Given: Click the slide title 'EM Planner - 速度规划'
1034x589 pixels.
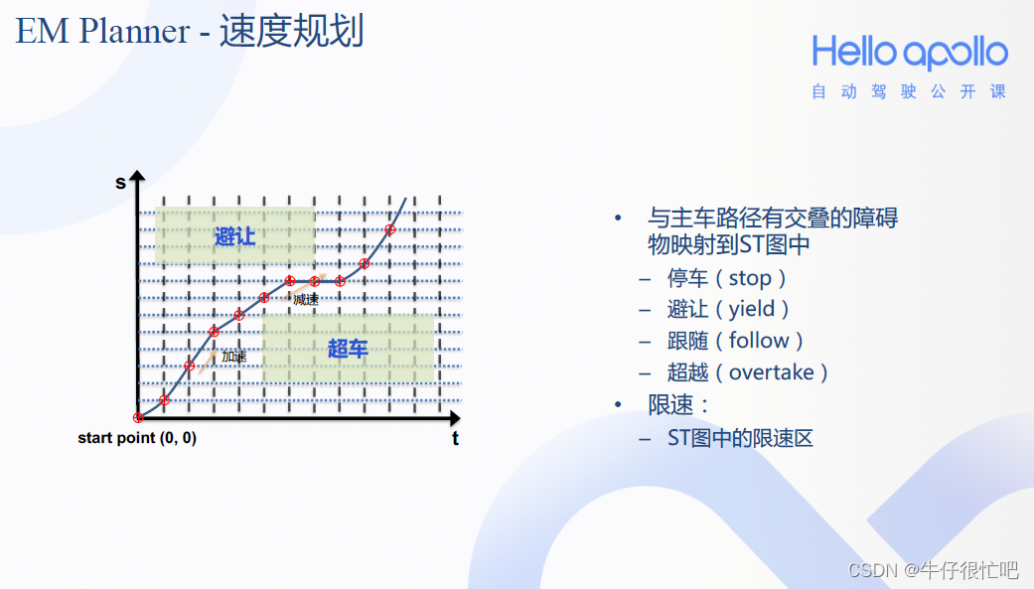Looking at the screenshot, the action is click(x=190, y=31).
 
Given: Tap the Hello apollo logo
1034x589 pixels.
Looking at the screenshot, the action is click(x=910, y=53).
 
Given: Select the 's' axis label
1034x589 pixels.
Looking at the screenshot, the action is click(x=120, y=183).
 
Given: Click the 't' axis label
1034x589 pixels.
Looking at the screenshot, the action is click(x=455, y=439).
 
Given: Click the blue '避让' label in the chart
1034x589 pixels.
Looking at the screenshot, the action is click(x=234, y=236).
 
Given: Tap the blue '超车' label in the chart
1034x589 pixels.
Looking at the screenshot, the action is click(x=348, y=349).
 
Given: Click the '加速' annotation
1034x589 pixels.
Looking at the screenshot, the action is click(x=234, y=357).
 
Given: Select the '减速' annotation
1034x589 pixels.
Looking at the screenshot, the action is click(x=306, y=300).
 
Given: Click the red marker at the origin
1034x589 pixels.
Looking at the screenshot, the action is click(x=138, y=417).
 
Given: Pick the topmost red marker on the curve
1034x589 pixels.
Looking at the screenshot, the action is click(x=389, y=229).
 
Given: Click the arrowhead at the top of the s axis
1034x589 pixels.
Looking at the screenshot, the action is click(x=137, y=176).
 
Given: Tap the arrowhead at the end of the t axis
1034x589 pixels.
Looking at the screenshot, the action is click(x=454, y=417).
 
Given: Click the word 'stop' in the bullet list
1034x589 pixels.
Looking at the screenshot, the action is click(x=750, y=278).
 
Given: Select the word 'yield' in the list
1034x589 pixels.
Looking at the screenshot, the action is click(x=752, y=309).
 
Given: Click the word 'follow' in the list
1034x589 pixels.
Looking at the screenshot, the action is click(x=759, y=341).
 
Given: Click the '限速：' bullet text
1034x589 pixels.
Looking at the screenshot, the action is click(x=678, y=404).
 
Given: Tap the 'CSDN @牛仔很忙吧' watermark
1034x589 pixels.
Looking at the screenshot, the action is click(x=933, y=570).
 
